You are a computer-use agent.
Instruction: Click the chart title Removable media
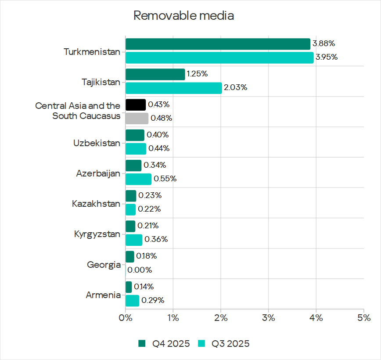pos(183,16)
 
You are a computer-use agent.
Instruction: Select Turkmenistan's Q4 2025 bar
pos(218,44)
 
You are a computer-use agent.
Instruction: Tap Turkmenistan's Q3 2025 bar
pos(219,58)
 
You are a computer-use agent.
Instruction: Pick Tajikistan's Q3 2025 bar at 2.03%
pos(174,88)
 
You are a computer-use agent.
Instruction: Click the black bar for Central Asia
pos(136,104)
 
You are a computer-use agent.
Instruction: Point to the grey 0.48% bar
pos(137,118)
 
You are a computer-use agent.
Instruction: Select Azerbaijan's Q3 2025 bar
pos(138,179)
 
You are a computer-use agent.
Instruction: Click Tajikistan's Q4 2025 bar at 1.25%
pos(155,74)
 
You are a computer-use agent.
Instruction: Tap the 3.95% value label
pos(326,58)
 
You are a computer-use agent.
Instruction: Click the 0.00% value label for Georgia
pos(140,270)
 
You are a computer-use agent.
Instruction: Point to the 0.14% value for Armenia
pos(144,287)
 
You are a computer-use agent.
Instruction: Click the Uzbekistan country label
pos(97,143)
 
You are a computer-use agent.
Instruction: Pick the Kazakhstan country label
pos(96,204)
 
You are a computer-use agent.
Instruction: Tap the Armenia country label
pos(103,295)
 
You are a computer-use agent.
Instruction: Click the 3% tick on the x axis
pos(268,318)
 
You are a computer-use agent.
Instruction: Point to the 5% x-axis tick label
pos(363,318)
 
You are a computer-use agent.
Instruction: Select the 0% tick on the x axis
pos(126,318)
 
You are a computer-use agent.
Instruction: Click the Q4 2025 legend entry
pos(165,344)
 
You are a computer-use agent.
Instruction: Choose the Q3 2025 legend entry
pos(224,344)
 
